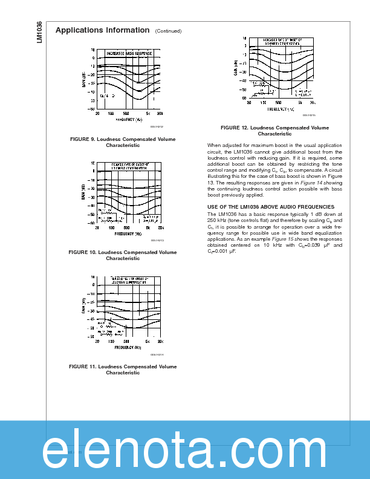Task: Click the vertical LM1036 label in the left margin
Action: [x=39, y=31]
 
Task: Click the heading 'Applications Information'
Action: [x=102, y=30]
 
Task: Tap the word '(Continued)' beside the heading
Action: [x=168, y=31]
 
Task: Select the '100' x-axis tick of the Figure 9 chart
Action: [x=111, y=113]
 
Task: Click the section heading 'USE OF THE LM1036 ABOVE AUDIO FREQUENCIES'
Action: [x=270, y=207]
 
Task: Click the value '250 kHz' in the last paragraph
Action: [x=217, y=221]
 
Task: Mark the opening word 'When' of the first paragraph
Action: [x=214, y=145]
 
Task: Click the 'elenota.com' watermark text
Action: [x=185, y=449]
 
